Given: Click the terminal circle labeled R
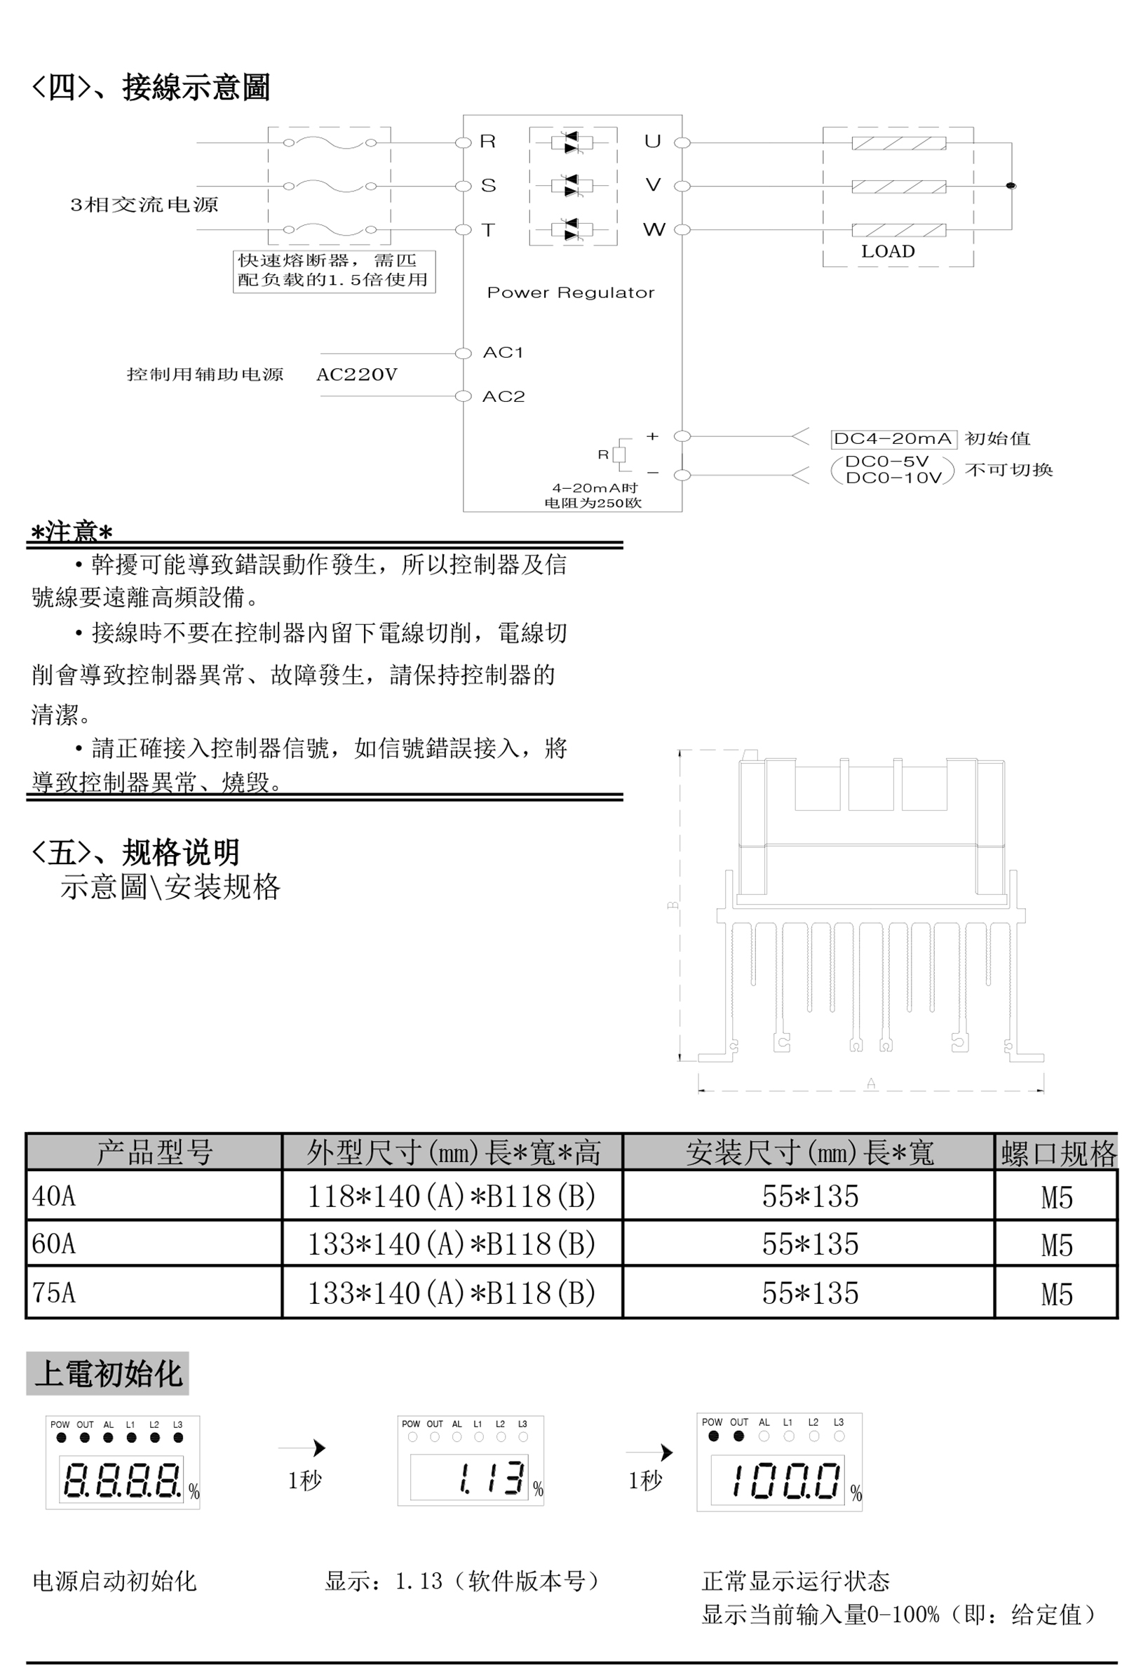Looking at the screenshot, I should pyautogui.click(x=463, y=142).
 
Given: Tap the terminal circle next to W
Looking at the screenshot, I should pyautogui.click(x=682, y=229).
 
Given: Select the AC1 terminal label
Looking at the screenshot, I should pyautogui.click(x=503, y=352).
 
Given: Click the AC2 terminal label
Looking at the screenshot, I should pyautogui.click(x=503, y=396).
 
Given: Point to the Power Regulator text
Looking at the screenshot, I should pyautogui.click(x=570, y=292).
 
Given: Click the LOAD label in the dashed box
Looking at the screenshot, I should pyautogui.click(x=887, y=252).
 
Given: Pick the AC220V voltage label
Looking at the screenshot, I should pyautogui.click(x=356, y=375).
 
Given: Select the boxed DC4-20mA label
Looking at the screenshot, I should pyautogui.click(x=893, y=438).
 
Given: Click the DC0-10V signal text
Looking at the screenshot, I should pyautogui.click(x=893, y=478).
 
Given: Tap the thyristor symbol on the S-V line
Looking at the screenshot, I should pyautogui.click(x=572, y=186).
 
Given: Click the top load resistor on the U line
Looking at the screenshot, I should pyautogui.click(x=899, y=143).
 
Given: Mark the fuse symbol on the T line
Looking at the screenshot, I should pyautogui.click(x=330, y=229).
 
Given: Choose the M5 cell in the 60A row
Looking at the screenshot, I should pyautogui.click(x=1056, y=1245).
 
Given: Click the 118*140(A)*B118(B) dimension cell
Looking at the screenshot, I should pyautogui.click(x=452, y=1196).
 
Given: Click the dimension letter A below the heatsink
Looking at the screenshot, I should pyautogui.click(x=871, y=1084).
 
